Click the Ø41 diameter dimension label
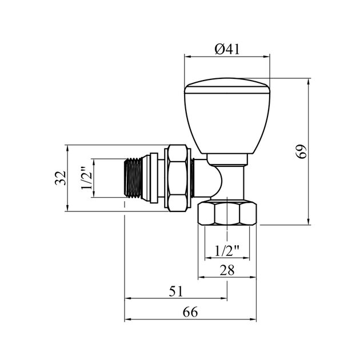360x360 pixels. tap(227, 49)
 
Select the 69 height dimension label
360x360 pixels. tap(301, 151)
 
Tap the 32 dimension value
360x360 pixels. tap(61, 178)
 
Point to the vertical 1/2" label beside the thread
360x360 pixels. tap(86, 178)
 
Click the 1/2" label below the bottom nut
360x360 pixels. tap(227, 251)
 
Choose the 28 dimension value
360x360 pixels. tap(227, 270)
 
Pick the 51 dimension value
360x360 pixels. tap(176, 291)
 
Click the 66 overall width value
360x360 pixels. tap(190, 312)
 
